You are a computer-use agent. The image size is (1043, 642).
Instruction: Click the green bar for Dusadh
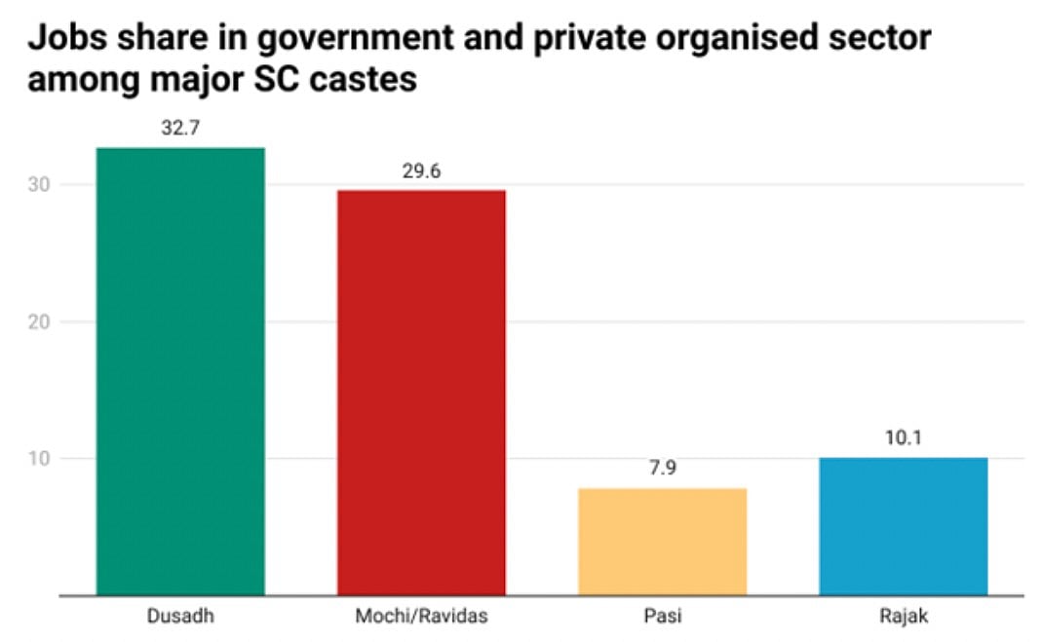(x=180, y=370)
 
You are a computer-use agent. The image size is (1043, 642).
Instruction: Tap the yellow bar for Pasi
(x=662, y=541)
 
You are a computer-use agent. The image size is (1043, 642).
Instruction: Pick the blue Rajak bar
(x=903, y=526)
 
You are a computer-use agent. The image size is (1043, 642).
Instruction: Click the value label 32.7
(x=180, y=129)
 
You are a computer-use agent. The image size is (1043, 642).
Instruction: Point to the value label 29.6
(x=421, y=171)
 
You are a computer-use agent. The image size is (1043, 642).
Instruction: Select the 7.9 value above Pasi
(x=662, y=469)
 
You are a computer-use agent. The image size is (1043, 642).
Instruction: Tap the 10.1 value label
(x=903, y=438)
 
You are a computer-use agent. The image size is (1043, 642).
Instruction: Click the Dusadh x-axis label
(x=180, y=618)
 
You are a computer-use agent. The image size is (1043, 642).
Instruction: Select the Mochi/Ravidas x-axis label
(x=421, y=618)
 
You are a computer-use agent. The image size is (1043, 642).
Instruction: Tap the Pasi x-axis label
(x=662, y=618)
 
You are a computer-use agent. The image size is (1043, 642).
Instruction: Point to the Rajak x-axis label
(x=903, y=618)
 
